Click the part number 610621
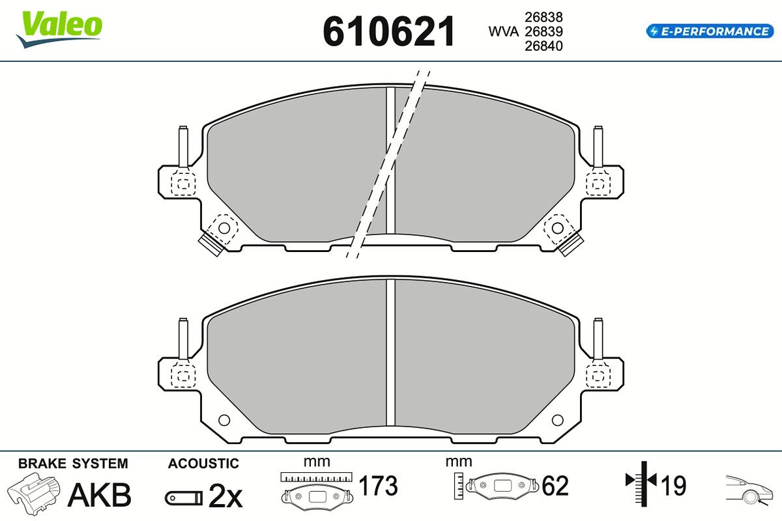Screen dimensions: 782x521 tap(389, 31)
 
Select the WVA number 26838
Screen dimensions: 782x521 tap(543, 17)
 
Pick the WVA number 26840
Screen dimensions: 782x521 tap(543, 46)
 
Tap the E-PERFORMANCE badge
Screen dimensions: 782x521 tap(710, 31)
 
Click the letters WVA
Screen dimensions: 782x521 tap(503, 32)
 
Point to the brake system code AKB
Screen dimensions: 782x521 tap(100, 495)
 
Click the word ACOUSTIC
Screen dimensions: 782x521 tap(203, 464)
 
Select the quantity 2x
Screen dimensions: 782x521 tap(225, 496)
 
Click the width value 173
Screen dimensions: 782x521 tap(378, 485)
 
